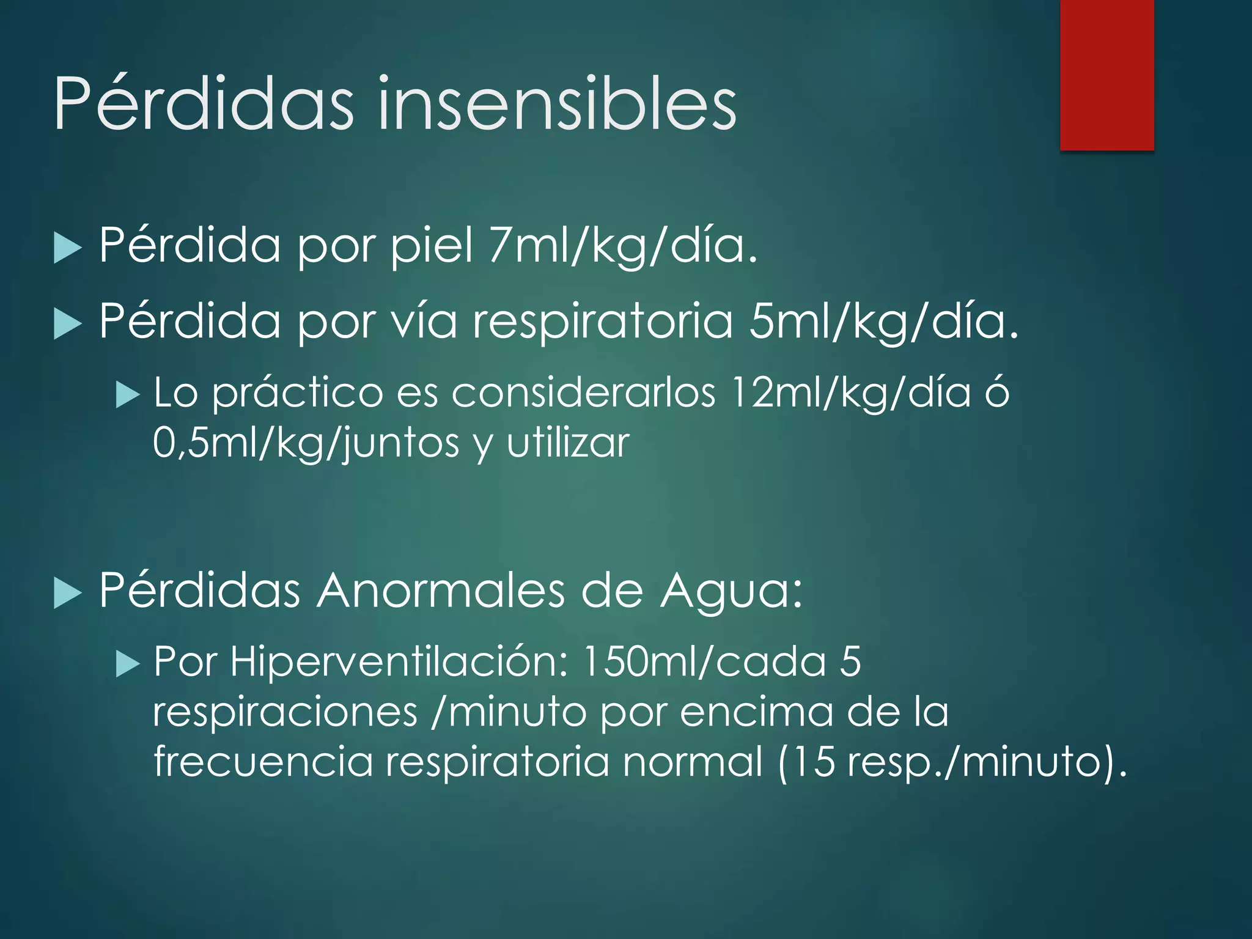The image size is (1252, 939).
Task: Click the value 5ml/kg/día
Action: [x=884, y=321]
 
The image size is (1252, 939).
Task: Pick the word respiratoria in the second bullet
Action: [x=602, y=321]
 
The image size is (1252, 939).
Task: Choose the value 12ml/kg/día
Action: [x=850, y=392]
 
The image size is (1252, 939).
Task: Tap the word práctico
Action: [x=297, y=393]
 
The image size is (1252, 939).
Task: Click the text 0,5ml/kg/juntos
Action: [x=306, y=443]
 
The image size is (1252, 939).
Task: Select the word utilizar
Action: [x=568, y=443]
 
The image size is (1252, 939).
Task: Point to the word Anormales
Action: [x=440, y=591]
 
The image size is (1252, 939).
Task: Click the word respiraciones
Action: [x=285, y=712]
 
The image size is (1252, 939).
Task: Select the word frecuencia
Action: [x=262, y=762]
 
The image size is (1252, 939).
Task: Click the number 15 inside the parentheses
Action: [x=816, y=762]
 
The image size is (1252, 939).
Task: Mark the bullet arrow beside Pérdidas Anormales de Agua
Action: [x=67, y=594]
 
